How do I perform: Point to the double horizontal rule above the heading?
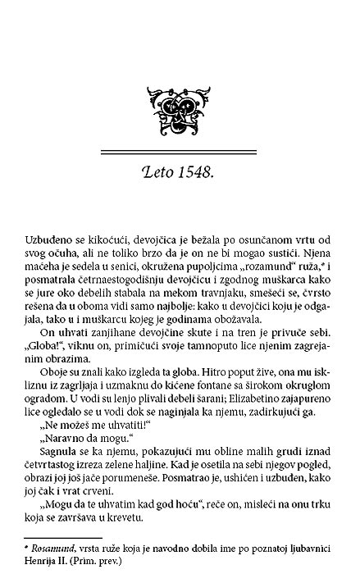point(180,153)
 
